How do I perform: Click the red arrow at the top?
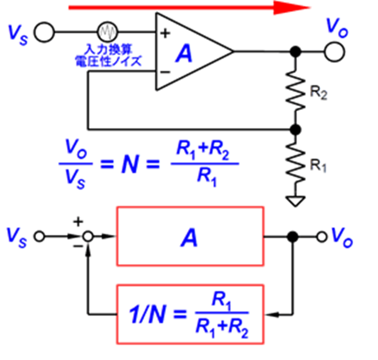point(189,8)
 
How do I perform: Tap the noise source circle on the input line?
point(108,31)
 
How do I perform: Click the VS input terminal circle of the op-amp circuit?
point(45,32)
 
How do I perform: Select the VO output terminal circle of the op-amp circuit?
point(334,52)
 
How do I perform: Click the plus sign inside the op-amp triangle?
point(165,33)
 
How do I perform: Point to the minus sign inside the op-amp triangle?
point(165,72)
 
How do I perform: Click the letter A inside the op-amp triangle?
point(184,53)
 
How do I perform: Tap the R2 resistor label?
point(318,93)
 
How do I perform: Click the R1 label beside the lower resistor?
point(318,165)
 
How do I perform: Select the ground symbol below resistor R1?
point(295,201)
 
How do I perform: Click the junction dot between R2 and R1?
point(295,130)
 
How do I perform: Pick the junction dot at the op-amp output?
point(295,52)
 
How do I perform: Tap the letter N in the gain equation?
point(131,164)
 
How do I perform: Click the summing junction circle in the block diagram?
point(88,237)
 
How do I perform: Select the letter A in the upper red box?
point(189,237)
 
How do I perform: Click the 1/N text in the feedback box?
point(147,314)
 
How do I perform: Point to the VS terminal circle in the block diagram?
point(39,236)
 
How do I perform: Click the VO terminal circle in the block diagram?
point(322,237)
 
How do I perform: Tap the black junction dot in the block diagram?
point(293,237)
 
